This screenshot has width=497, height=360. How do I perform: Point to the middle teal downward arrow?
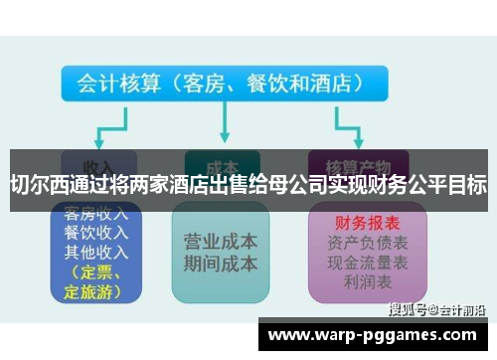tap(222, 124)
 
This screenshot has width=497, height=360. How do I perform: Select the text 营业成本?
tap(221, 243)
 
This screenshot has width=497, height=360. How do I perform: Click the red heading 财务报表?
tap(347, 223)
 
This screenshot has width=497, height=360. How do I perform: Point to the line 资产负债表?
tap(347, 243)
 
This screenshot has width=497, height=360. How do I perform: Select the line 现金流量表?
tap(347, 263)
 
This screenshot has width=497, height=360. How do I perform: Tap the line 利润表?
tap(347, 281)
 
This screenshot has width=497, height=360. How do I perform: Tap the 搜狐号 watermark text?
tap(408, 309)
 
